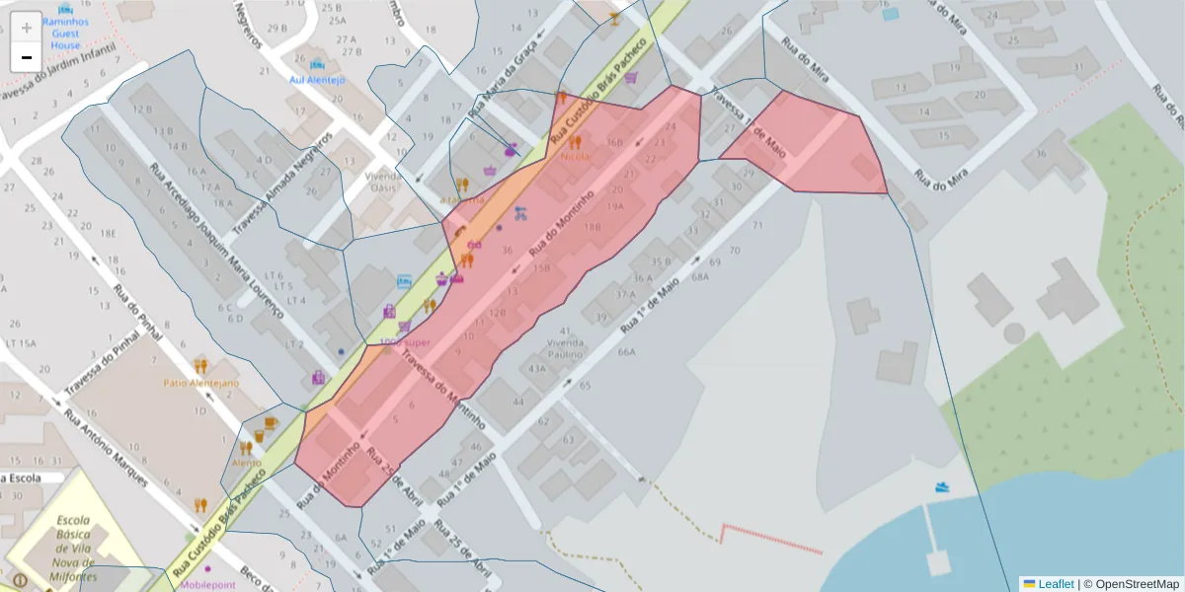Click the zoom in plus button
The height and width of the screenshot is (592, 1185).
pyautogui.click(x=27, y=28)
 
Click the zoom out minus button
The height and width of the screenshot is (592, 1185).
pyautogui.click(x=27, y=57)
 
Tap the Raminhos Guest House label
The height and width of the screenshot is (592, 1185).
pyautogui.click(x=66, y=33)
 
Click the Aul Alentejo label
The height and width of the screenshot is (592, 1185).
pyautogui.click(x=317, y=79)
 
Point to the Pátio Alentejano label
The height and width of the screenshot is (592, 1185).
pyautogui.click(x=201, y=382)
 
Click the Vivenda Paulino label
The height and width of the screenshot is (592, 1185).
pyautogui.click(x=566, y=348)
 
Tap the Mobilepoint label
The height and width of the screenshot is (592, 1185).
pyautogui.click(x=208, y=583)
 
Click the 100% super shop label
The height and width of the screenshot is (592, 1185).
pyautogui.click(x=405, y=342)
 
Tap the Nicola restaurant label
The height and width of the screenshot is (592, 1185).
pyautogui.click(x=575, y=156)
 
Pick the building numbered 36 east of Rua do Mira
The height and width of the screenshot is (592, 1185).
pyautogui.click(x=1040, y=154)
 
